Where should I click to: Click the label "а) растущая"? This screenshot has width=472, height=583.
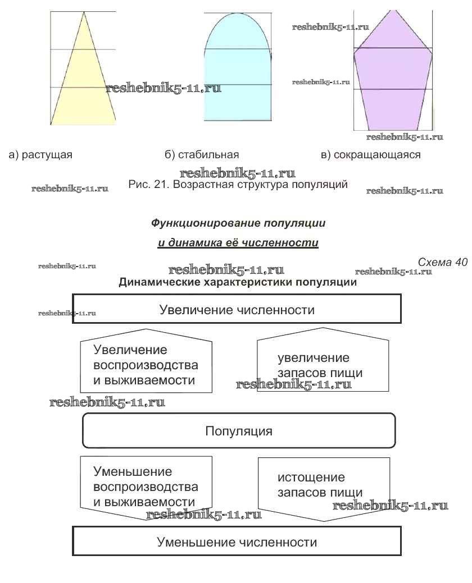coord(40,155)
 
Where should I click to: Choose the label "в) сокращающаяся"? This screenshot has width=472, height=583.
coord(371,155)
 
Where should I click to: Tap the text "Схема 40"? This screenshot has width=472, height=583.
coord(443,262)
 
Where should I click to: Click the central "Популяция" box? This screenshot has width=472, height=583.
coord(239,431)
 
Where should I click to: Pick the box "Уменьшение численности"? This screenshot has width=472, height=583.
coord(237,542)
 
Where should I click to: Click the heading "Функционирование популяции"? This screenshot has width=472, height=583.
coord(238,223)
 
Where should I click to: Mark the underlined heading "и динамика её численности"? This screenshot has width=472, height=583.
coord(238,243)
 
